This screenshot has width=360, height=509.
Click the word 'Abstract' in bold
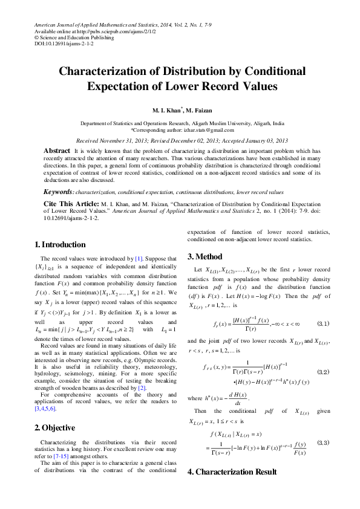[x=57, y=150]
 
